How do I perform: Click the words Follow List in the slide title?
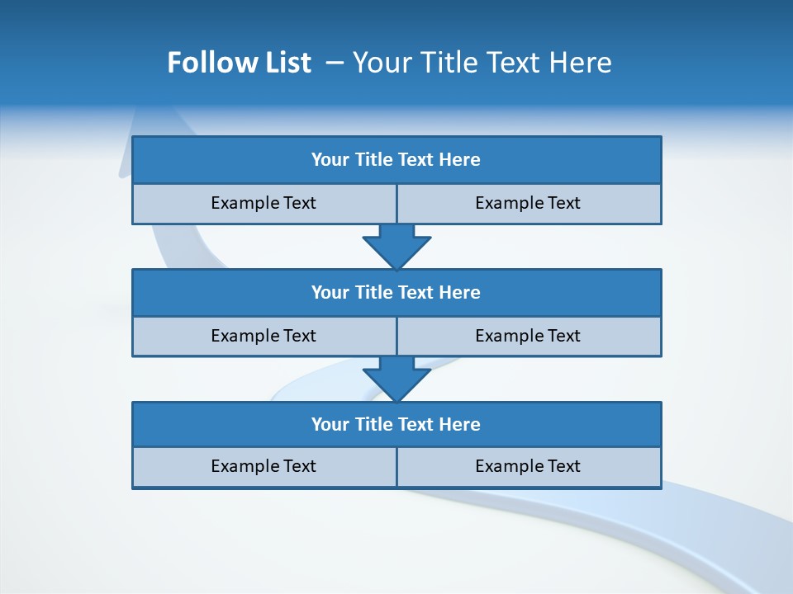pyautogui.click(x=239, y=63)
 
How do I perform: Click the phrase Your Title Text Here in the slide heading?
pyautogui.click(x=482, y=63)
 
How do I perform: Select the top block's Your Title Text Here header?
pyautogui.click(x=396, y=160)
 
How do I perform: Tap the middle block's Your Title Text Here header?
pyautogui.click(x=396, y=292)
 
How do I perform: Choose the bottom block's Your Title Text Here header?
pyautogui.click(x=396, y=424)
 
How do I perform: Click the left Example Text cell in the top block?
pyautogui.click(x=264, y=203)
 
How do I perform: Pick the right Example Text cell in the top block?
pyautogui.click(x=528, y=203)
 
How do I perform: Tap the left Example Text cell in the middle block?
pyautogui.click(x=264, y=336)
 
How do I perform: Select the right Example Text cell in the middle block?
pyautogui.click(x=528, y=336)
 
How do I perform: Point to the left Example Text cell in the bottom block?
pyautogui.click(x=264, y=466)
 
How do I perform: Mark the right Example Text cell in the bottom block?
pyautogui.click(x=528, y=466)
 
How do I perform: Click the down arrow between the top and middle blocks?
pyautogui.click(x=396, y=247)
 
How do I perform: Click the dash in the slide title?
pyautogui.click(x=335, y=63)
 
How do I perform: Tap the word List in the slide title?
pyautogui.click(x=285, y=63)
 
